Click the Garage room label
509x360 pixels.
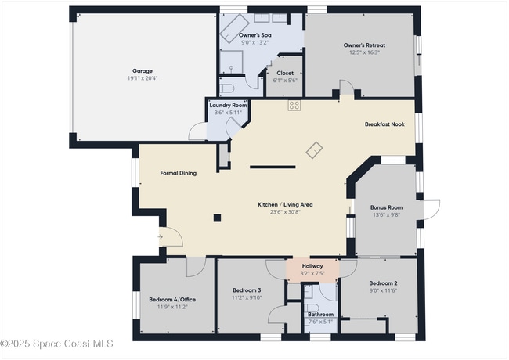(x=143, y=70)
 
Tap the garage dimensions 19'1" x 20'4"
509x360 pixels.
(x=143, y=78)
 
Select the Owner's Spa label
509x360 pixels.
(x=254, y=35)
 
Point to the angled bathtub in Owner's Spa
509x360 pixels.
(x=233, y=29)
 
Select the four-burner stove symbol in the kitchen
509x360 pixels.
(x=294, y=105)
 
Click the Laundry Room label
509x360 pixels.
(x=228, y=105)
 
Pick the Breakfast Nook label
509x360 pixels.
(x=384, y=124)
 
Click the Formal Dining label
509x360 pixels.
(x=178, y=173)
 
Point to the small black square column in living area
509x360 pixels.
(x=218, y=218)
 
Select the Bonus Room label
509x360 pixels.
(x=385, y=207)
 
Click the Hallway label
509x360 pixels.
(x=312, y=266)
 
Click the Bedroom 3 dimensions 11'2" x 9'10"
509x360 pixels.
(x=246, y=297)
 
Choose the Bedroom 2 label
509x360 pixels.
(x=384, y=283)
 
